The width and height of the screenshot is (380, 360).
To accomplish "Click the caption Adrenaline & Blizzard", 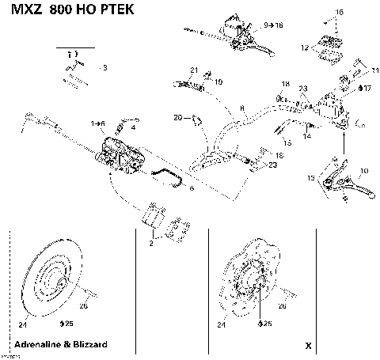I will (66, 345).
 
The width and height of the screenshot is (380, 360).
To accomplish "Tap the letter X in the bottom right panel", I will (309, 346).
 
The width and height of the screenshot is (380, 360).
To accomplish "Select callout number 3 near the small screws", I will (104, 69).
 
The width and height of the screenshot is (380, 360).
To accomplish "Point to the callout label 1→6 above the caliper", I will (98, 123).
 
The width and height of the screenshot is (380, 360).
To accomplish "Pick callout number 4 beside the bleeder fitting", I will (132, 127).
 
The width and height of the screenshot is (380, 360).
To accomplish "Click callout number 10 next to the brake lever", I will (364, 171).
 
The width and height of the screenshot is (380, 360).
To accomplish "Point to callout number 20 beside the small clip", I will (178, 117).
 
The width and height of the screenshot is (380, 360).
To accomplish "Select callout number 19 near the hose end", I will (218, 81).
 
